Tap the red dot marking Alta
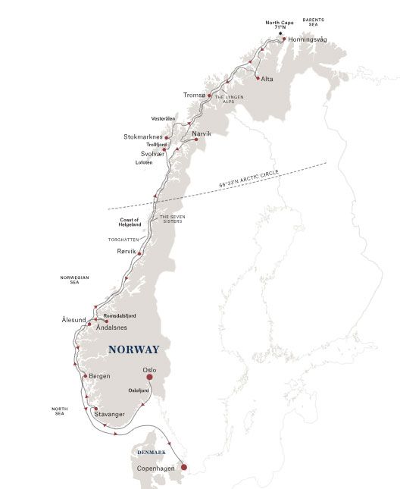click(x=258, y=78)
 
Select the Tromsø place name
click(x=194, y=95)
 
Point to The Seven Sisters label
click(x=170, y=219)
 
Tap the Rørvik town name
click(x=128, y=252)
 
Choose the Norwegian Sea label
click(x=74, y=280)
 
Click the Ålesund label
click(x=73, y=321)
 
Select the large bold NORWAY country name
click(x=134, y=350)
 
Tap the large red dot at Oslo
click(x=149, y=376)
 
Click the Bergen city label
click(x=99, y=376)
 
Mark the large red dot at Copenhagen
click(x=183, y=467)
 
